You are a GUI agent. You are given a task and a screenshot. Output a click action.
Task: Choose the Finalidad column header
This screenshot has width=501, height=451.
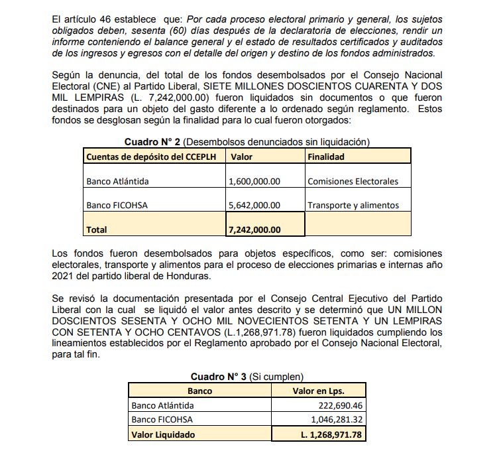point(326,157)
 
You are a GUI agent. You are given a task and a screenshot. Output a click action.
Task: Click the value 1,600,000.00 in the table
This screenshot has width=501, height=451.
point(254,181)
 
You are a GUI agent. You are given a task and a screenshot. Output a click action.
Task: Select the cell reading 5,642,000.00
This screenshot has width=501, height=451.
point(254,205)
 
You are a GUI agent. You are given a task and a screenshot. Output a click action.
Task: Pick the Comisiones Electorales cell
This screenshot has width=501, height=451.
point(353,181)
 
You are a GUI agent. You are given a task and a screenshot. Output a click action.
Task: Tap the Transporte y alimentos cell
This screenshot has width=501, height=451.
point(353,205)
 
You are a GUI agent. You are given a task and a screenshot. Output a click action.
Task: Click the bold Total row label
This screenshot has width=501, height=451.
point(97,229)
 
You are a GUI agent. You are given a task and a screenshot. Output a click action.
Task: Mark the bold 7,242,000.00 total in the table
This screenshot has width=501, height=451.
point(254,229)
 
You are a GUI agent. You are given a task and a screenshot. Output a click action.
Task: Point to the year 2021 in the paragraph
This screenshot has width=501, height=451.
point(63,275)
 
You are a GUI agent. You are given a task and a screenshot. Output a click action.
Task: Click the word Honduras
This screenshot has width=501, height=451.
point(192,275)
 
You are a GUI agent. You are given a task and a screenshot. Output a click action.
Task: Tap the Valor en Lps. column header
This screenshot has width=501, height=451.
point(318,391)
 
